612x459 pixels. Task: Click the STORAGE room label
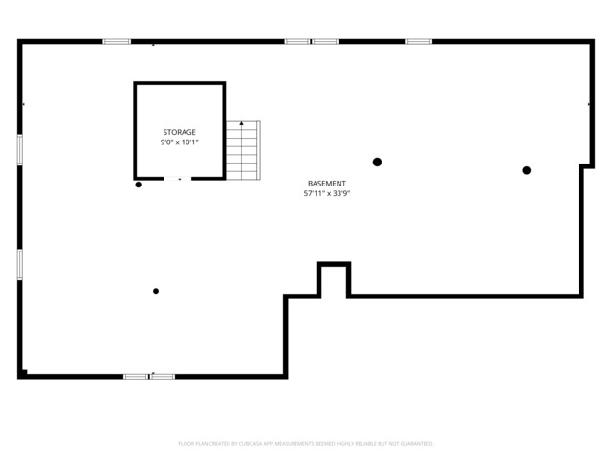click(x=179, y=132)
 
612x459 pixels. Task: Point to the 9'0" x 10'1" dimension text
click(x=179, y=142)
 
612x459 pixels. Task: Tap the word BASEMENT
click(x=326, y=183)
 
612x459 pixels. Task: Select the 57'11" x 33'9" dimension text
click(x=326, y=193)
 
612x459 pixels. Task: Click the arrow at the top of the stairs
click(x=242, y=123)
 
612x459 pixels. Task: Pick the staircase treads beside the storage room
click(x=243, y=151)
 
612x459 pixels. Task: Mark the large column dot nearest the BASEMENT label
click(x=377, y=162)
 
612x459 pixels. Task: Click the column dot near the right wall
click(x=526, y=170)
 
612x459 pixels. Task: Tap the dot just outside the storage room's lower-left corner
click(x=139, y=185)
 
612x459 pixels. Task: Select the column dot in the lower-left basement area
click(x=156, y=291)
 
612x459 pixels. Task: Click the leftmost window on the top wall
click(x=117, y=41)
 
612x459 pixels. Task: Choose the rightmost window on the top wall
click(x=419, y=41)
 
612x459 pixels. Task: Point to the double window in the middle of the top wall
click(x=312, y=41)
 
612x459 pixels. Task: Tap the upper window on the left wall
click(x=20, y=150)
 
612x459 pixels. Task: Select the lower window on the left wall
click(x=20, y=264)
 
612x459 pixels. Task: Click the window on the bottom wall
click(x=149, y=376)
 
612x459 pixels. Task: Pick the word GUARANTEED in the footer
click(x=414, y=444)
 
